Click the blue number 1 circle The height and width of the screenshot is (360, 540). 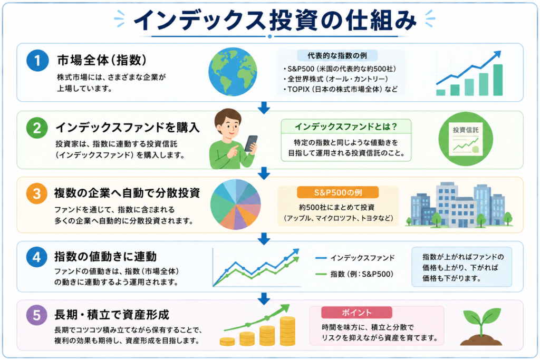[37, 61]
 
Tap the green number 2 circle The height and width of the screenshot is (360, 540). [37, 128]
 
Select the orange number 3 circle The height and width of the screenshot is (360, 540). [37, 193]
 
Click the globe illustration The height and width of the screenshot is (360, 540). [233, 72]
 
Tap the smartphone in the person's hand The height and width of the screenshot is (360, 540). [250, 143]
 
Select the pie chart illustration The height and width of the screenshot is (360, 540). [236, 205]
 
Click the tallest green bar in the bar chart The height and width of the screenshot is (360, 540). [498, 80]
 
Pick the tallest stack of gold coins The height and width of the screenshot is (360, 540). [287, 331]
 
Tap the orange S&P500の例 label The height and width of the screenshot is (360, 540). [338, 192]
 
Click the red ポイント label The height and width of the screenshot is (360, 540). [357, 313]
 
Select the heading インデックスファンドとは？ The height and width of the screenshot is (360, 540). [346, 127]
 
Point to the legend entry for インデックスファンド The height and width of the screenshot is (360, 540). [355, 258]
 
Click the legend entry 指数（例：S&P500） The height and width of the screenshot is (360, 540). [354, 274]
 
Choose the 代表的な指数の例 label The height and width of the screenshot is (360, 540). [337, 55]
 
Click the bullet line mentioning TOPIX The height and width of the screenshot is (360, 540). [341, 90]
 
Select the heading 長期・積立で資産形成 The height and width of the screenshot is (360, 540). [112, 315]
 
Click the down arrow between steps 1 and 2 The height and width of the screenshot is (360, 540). [264, 108]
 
